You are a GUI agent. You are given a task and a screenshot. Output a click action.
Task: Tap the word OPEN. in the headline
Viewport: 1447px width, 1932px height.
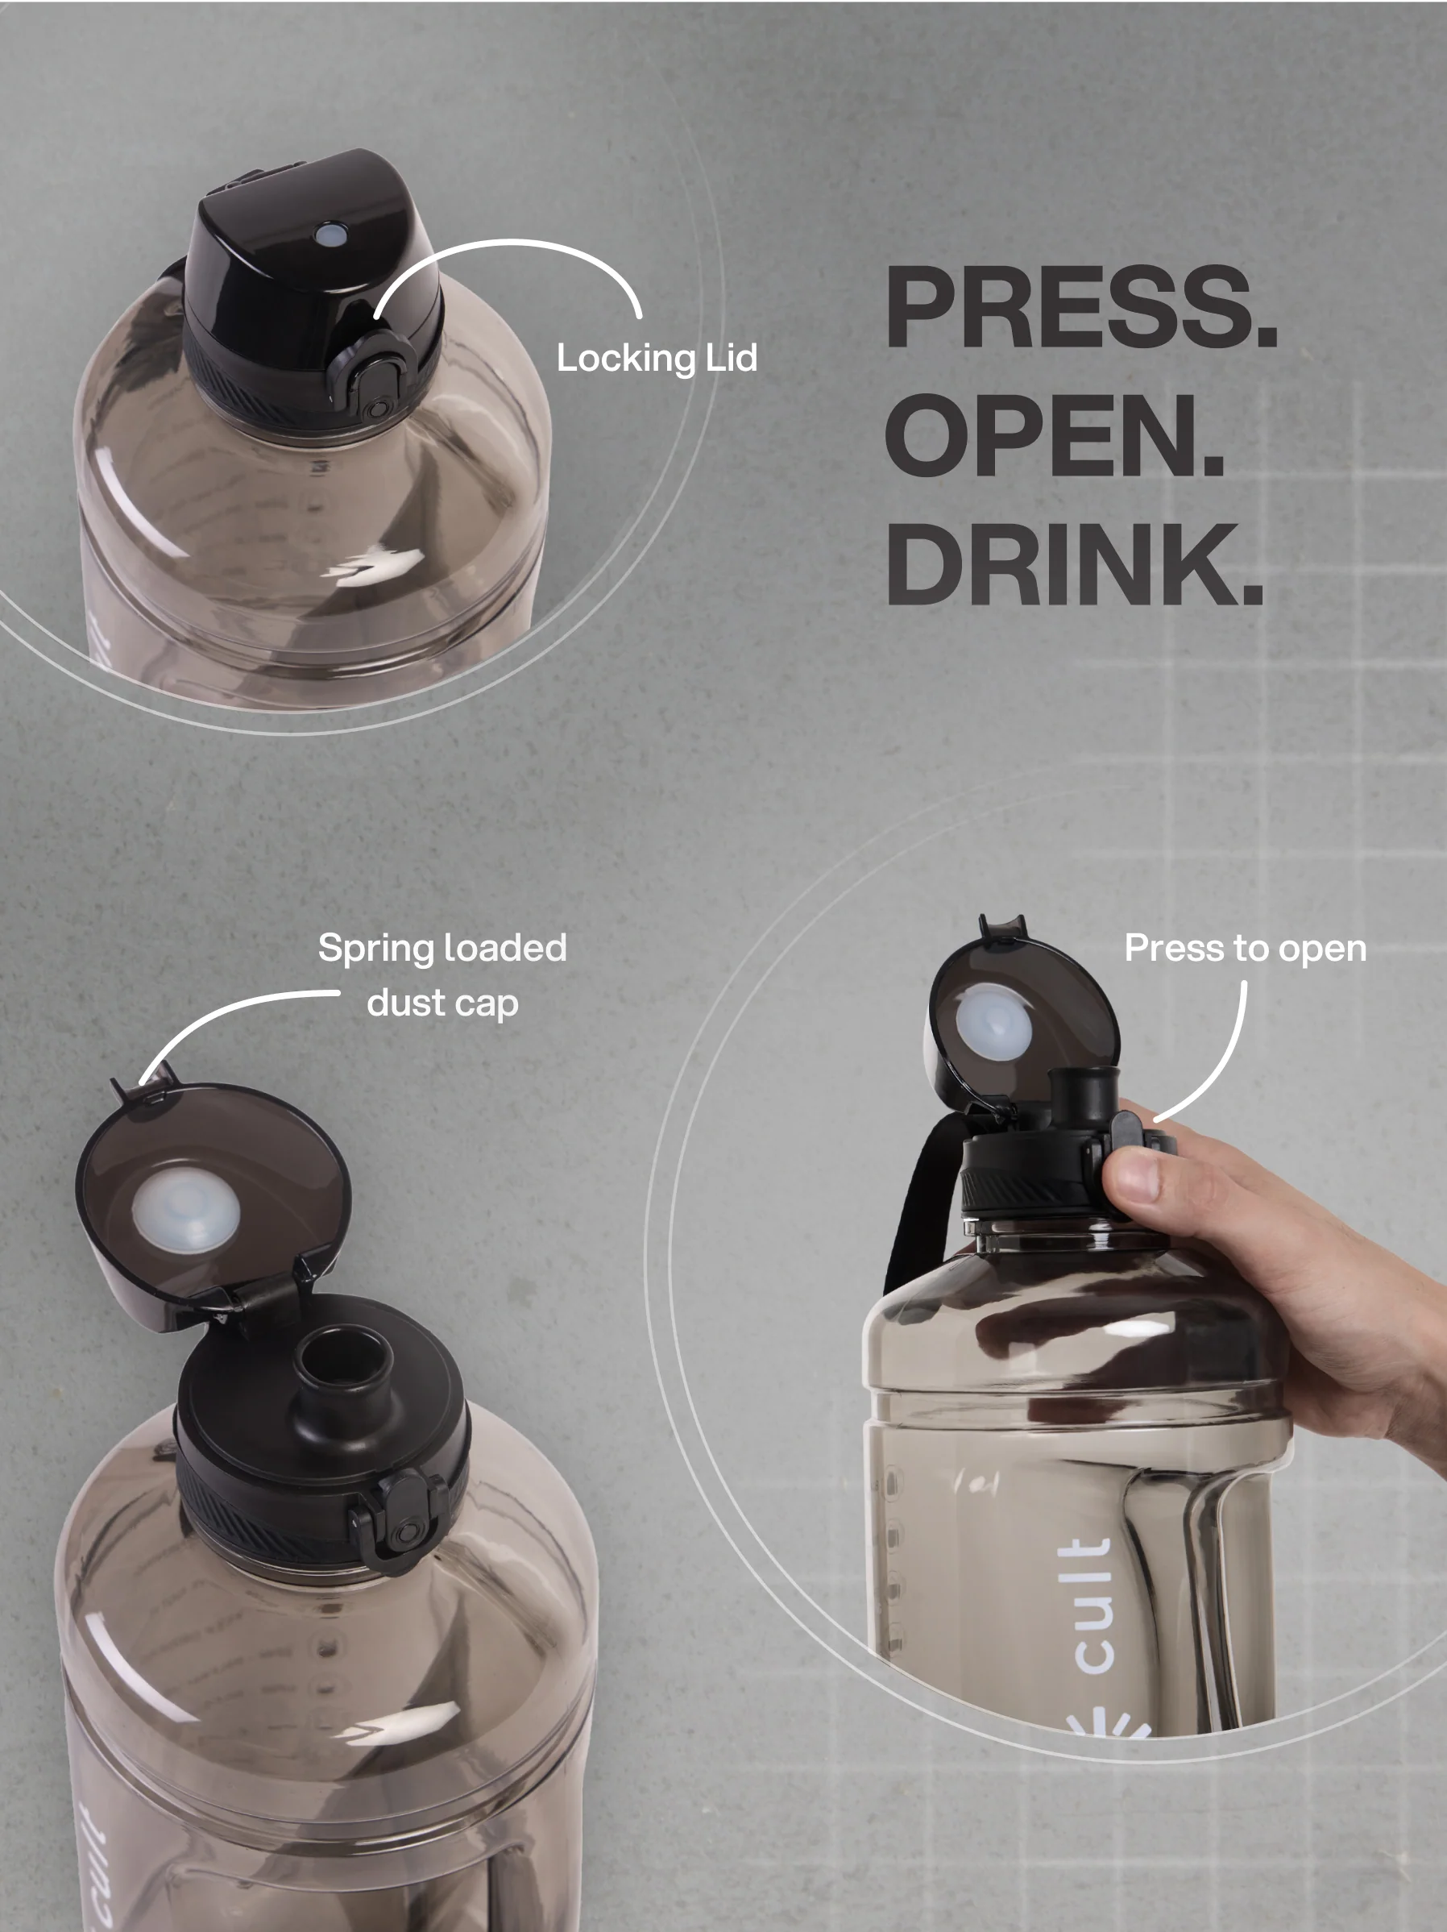coord(1055,434)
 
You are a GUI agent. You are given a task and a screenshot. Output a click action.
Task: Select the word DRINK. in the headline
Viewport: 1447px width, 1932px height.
coord(1075,563)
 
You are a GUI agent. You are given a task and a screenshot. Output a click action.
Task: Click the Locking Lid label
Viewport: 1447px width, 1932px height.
coord(657,358)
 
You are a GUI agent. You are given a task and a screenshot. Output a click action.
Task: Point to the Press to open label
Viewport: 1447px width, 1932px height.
coord(1246,949)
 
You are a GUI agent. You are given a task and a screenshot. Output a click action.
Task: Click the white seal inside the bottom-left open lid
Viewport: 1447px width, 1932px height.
coord(186,1211)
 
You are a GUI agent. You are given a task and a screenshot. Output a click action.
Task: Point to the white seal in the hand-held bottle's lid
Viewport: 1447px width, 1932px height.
coord(993,1022)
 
